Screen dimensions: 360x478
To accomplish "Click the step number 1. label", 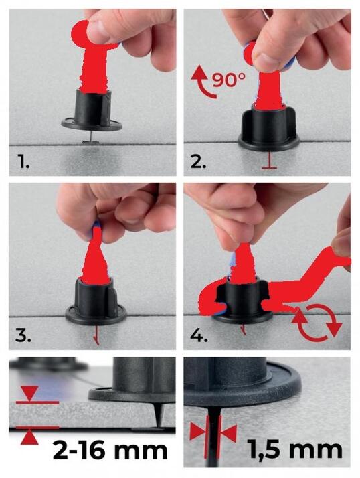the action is [23, 161].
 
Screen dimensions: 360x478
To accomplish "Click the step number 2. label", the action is [199, 161].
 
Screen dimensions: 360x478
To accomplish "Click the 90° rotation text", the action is [229, 80].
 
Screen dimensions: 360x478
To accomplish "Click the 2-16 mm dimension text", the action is [110, 451].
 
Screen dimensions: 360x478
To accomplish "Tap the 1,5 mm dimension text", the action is [295, 449].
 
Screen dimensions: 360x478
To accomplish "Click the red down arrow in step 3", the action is [96, 335].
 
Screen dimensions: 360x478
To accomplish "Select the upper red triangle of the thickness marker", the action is [29, 393].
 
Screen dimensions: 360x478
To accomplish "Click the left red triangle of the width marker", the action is [198, 432].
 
